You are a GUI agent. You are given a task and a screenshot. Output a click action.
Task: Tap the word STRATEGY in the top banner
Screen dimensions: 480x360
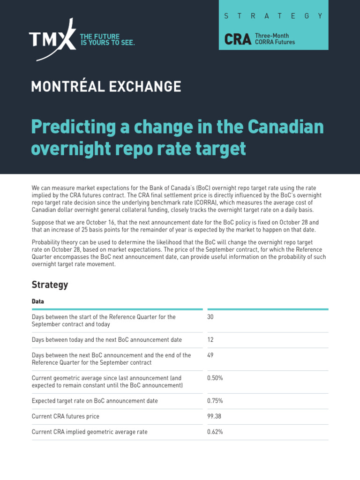tap(274, 15)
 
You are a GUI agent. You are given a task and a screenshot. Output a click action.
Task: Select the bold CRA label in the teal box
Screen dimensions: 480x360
tap(238, 39)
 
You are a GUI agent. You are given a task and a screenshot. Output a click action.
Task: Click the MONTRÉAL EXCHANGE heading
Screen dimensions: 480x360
tap(106, 86)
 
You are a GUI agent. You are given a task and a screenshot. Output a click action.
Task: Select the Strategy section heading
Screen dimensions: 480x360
tap(50, 285)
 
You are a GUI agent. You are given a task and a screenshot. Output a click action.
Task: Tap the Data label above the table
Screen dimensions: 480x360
tap(38, 301)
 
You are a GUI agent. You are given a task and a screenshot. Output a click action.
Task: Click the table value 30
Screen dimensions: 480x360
tap(210, 317)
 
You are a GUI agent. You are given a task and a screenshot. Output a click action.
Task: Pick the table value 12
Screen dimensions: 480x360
tap(210, 339)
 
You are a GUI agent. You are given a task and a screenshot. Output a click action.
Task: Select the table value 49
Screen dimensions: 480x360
tap(210, 355)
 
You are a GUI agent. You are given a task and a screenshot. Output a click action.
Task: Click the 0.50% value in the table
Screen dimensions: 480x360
tap(215, 378)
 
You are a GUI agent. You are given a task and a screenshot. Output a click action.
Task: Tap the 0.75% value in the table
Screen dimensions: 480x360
tap(215, 401)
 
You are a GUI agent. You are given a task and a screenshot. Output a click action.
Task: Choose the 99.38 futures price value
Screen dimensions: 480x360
tap(214, 416)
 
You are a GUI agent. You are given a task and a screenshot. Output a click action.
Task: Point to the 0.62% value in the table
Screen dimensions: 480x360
tap(215, 432)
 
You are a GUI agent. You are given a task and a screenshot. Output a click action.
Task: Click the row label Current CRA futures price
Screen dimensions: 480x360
tap(66, 416)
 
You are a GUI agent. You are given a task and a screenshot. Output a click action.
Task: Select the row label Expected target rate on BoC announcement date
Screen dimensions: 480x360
tap(95, 401)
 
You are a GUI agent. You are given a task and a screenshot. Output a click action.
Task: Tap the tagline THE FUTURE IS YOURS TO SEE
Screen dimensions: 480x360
tap(107, 39)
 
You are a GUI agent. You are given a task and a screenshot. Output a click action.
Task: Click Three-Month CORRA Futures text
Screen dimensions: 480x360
tap(275, 39)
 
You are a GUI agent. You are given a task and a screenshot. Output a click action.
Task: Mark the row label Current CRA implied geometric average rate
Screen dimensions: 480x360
tap(90, 432)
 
